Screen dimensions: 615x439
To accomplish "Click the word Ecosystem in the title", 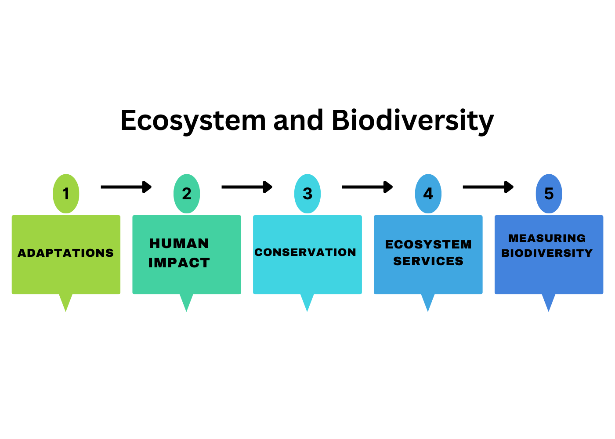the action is click(193, 121).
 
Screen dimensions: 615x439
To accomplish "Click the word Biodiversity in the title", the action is click(413, 121).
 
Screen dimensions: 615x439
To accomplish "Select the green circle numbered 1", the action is click(66, 194).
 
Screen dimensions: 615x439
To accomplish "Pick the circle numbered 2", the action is click(187, 194).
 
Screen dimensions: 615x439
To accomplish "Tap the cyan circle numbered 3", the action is click(307, 194).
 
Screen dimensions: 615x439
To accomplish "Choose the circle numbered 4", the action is click(428, 194).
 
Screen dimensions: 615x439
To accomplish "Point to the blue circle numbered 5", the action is click(549, 194).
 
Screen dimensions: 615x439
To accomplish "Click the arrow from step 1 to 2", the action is click(127, 187).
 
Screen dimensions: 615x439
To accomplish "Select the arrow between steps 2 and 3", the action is click(247, 187).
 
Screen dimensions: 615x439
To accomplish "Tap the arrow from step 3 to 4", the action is click(368, 187).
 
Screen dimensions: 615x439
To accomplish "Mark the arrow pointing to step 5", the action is click(488, 187).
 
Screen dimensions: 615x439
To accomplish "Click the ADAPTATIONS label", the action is click(65, 253).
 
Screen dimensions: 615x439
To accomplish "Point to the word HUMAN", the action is click(179, 243).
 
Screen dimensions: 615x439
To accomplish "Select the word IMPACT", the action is click(179, 263).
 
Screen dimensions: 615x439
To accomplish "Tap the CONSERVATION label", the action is click(305, 252).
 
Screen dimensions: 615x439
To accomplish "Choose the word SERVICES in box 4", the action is click(428, 261).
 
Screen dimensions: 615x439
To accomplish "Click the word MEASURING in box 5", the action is click(547, 238).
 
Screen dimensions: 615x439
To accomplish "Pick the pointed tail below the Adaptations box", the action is click(65, 302).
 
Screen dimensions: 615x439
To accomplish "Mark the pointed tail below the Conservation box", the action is click(307, 302).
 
